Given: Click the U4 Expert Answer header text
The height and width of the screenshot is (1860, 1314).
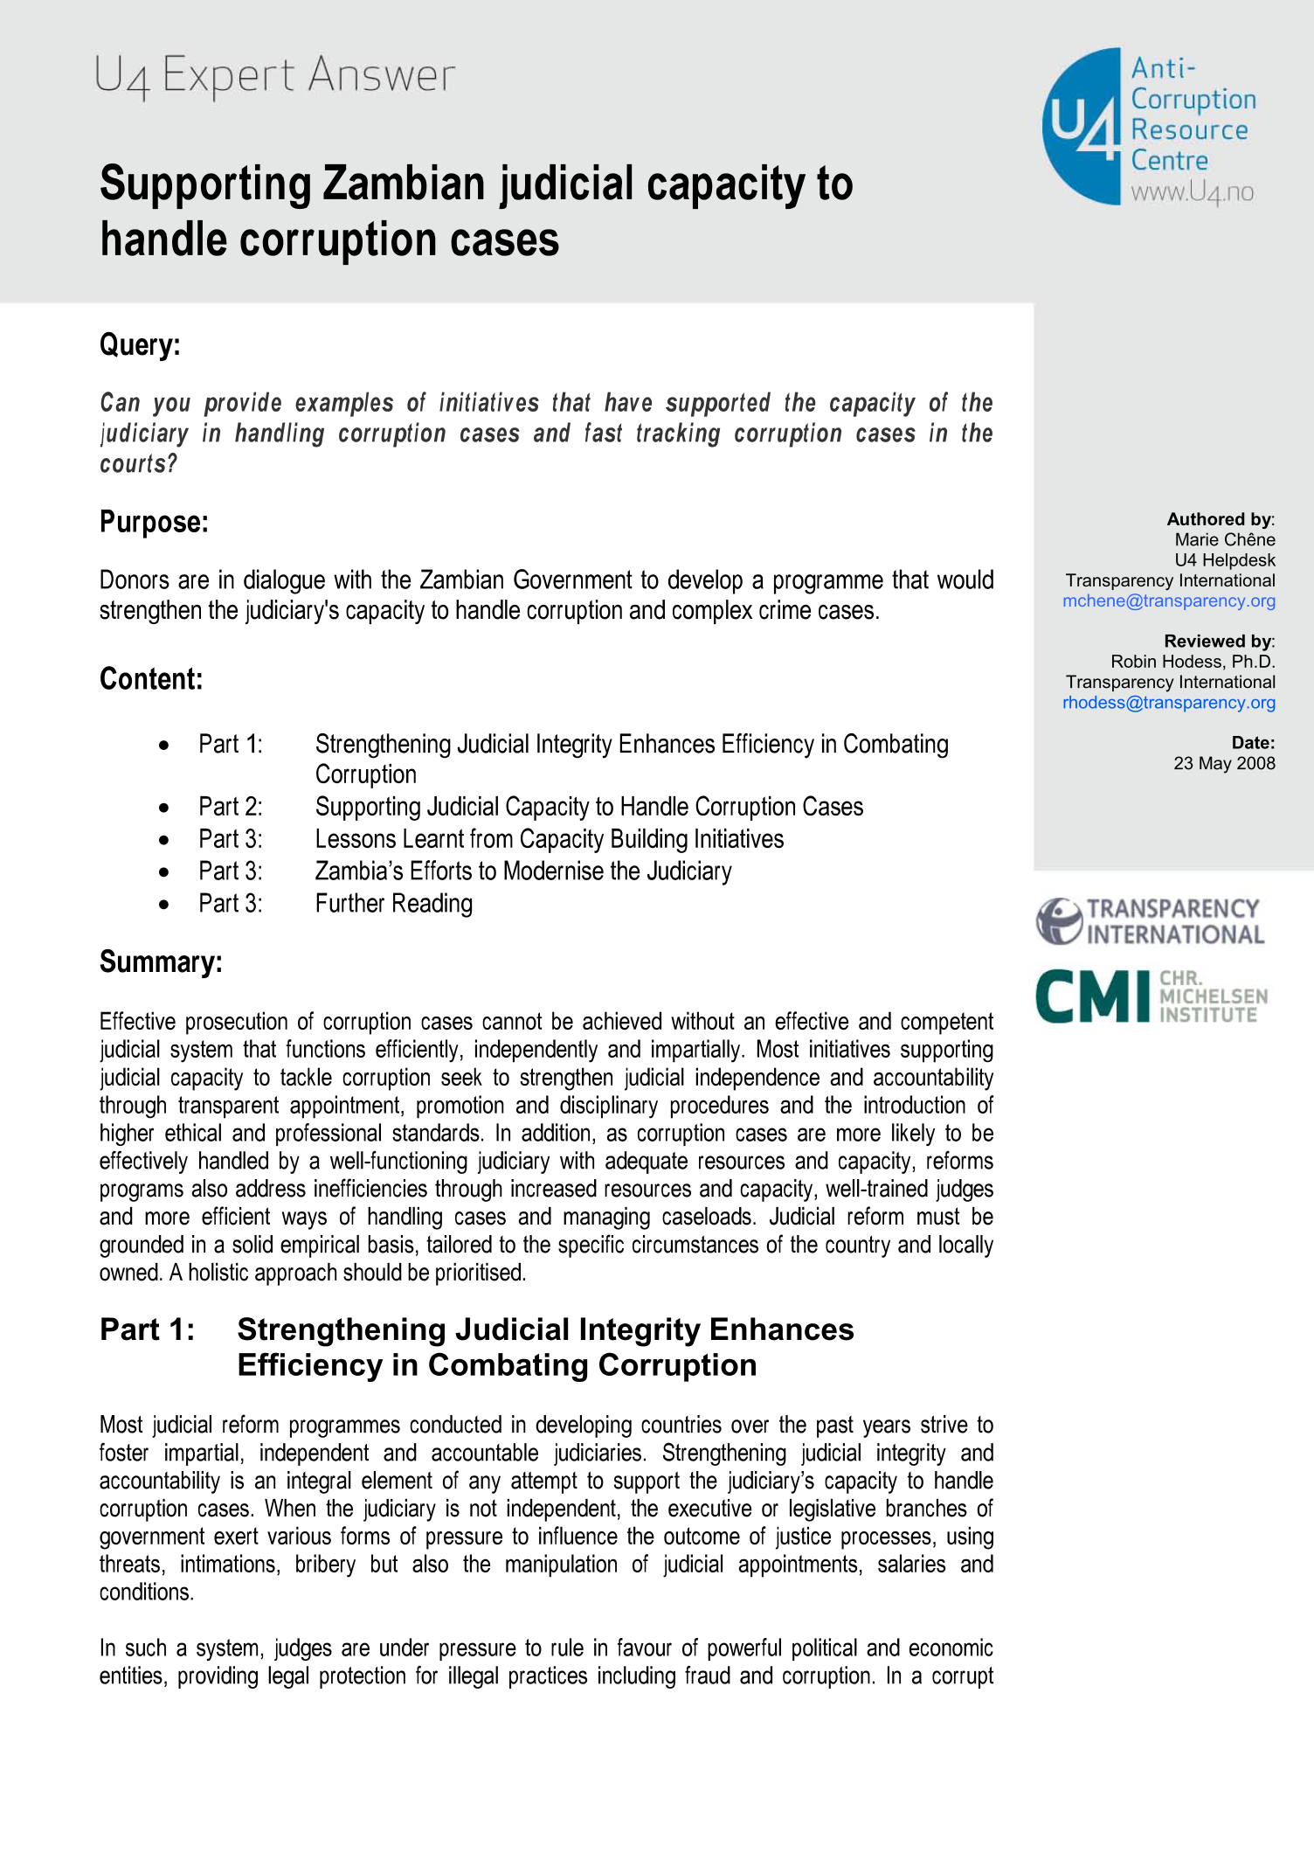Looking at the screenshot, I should pyautogui.click(x=274, y=75).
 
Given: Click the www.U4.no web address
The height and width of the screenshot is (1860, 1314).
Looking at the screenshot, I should pyautogui.click(x=1192, y=192).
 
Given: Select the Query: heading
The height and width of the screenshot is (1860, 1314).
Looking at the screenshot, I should pyautogui.click(x=140, y=344).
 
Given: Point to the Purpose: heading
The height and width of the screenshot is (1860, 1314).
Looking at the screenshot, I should pyautogui.click(x=154, y=522).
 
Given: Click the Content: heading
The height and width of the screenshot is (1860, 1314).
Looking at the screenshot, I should pyautogui.click(x=151, y=679).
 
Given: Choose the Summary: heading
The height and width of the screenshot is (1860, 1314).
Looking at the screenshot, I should pyautogui.click(x=161, y=961).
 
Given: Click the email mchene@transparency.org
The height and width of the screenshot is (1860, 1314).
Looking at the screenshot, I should pyautogui.click(x=1168, y=601).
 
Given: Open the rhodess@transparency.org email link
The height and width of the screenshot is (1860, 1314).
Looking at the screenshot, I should pyautogui.click(x=1168, y=703).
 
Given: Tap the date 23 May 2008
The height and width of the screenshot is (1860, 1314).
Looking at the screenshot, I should pyautogui.click(x=1224, y=763).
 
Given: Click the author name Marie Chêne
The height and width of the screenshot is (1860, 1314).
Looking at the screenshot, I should pyautogui.click(x=1224, y=540).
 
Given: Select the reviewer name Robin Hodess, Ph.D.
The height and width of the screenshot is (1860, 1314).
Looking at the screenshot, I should pyautogui.click(x=1193, y=662).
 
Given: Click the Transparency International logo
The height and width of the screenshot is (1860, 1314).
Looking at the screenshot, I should pyautogui.click(x=1150, y=921).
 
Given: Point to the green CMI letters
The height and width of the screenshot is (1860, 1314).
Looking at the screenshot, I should pyautogui.click(x=1092, y=996).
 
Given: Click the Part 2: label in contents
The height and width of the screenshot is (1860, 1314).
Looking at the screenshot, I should pyautogui.click(x=230, y=807).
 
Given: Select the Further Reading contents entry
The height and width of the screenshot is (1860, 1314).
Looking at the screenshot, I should pyautogui.click(x=393, y=904).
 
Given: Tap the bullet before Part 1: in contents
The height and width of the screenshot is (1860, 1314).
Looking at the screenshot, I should pyautogui.click(x=164, y=745).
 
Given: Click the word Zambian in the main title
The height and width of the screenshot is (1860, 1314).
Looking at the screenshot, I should pyautogui.click(x=405, y=184).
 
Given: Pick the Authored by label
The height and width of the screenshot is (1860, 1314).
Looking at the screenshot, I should pyautogui.click(x=1220, y=519).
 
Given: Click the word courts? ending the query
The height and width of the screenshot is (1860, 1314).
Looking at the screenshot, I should pyautogui.click(x=138, y=464).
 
